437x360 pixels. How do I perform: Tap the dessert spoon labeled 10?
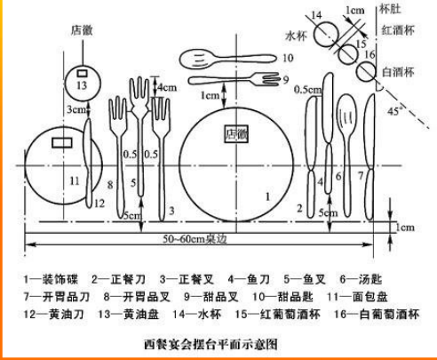228,59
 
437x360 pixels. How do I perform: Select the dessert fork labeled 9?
234,79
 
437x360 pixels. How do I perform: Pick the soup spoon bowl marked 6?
347,114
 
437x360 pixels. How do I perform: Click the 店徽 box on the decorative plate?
236,134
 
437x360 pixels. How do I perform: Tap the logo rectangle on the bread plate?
62,142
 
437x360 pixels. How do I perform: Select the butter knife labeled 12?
89,163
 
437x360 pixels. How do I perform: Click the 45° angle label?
395,111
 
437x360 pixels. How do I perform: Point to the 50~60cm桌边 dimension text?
195,239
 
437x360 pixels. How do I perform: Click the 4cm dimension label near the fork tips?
167,87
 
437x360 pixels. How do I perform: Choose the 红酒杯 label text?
398,30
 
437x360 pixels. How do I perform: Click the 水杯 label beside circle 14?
296,36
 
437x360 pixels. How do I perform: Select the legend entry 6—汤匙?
362,279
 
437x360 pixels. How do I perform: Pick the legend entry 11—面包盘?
357,297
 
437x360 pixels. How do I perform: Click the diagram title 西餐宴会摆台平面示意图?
211,344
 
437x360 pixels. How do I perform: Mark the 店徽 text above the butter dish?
82,30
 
